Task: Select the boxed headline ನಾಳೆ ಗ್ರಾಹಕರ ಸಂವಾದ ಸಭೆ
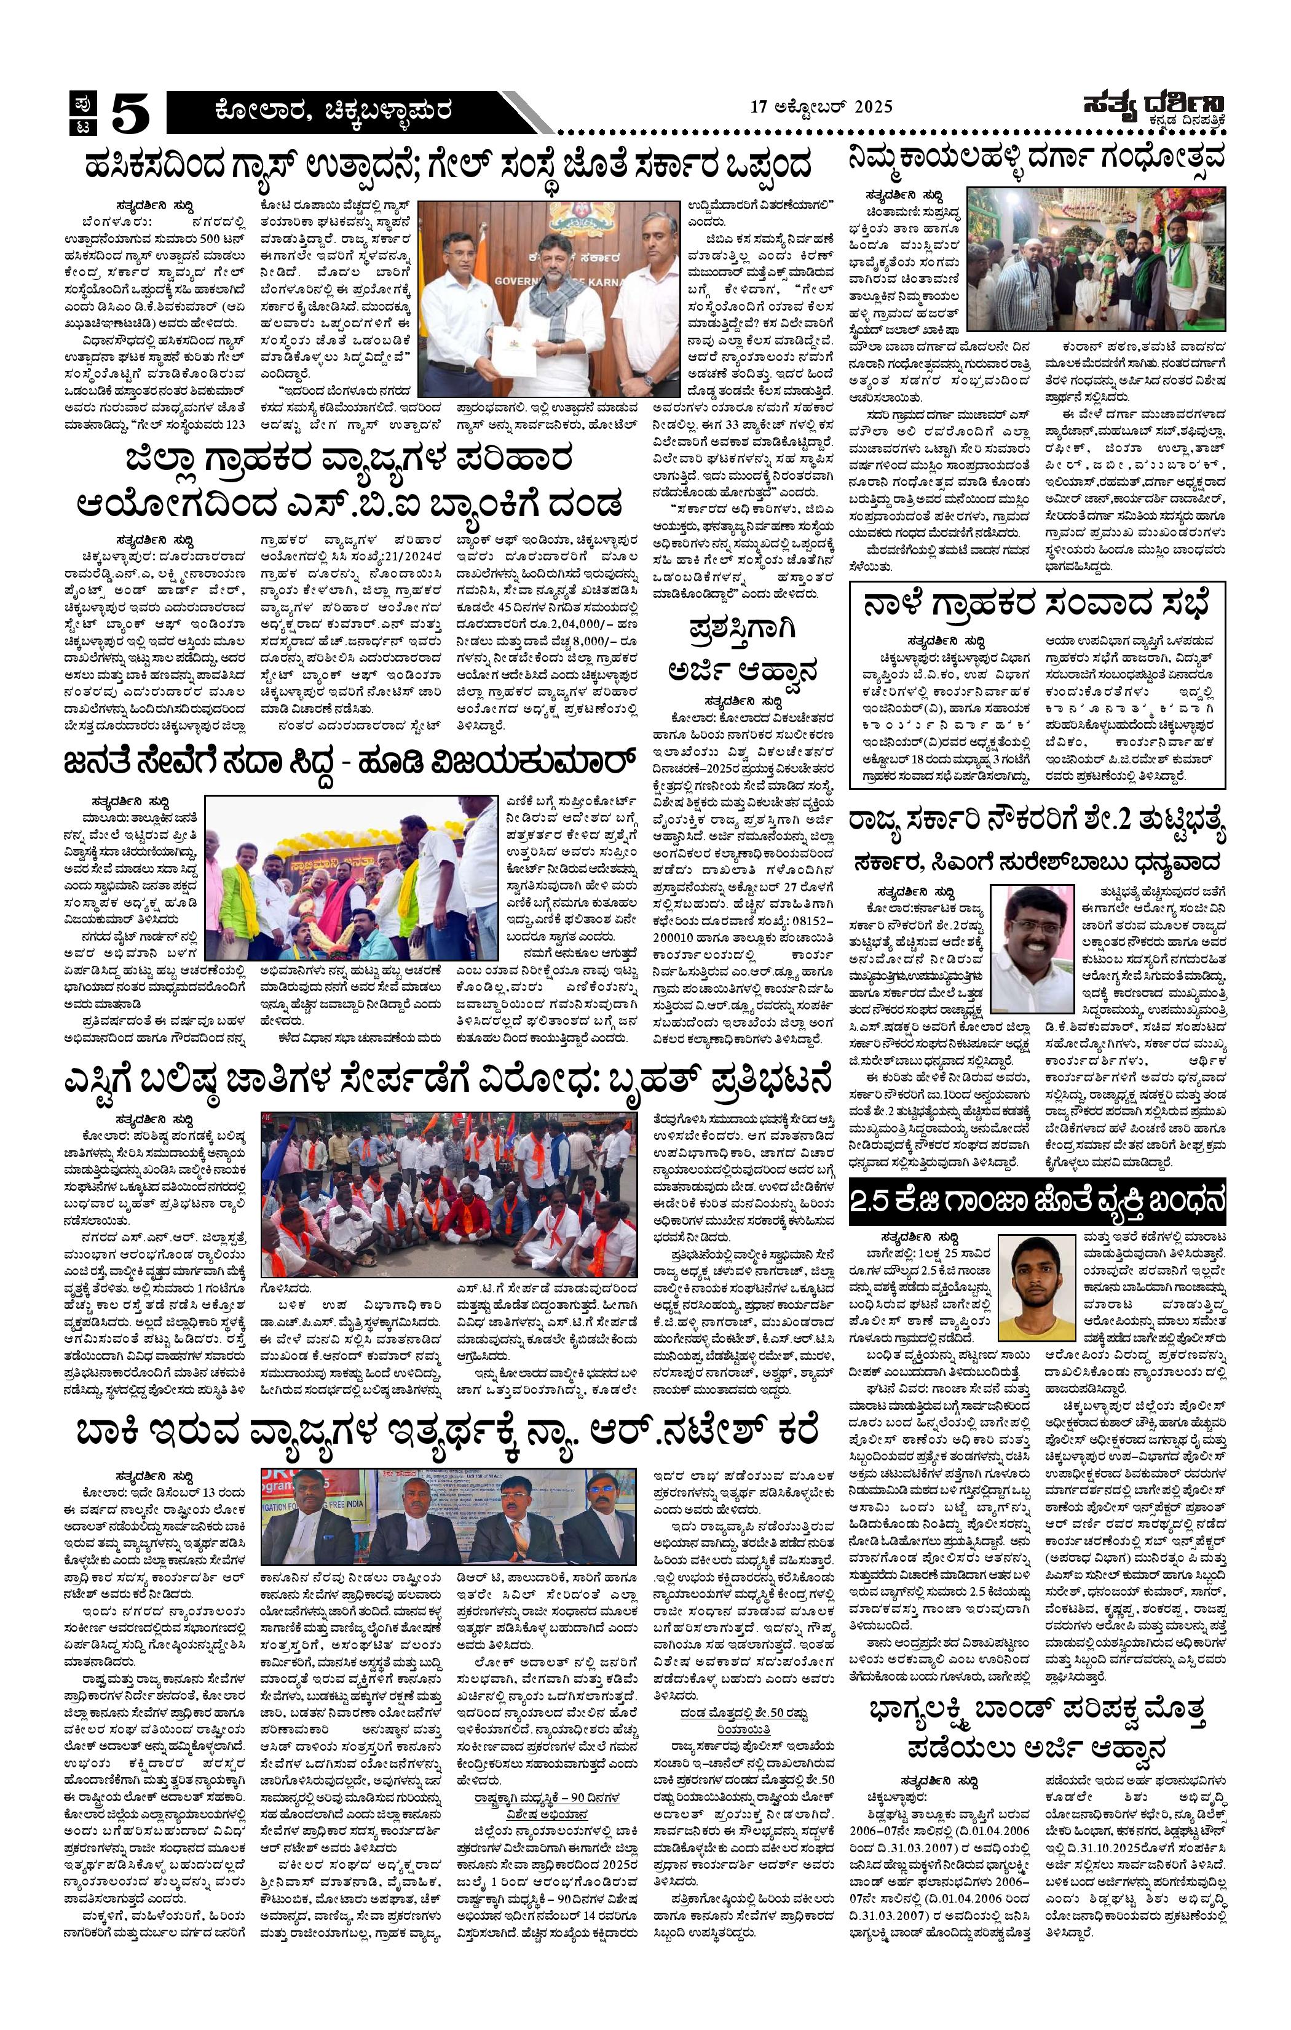pos(1036,606)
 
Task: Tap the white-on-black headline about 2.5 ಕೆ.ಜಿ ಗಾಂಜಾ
pos(1036,1200)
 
